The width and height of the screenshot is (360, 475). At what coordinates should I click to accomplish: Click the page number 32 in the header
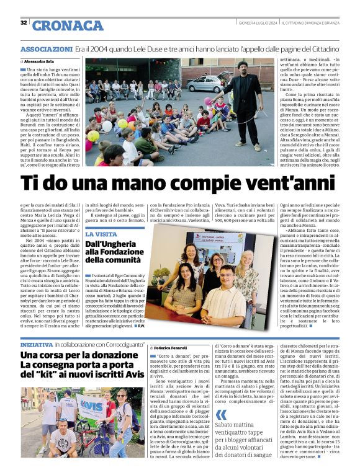pos(24,23)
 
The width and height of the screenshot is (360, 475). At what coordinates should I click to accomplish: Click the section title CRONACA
pos(68,25)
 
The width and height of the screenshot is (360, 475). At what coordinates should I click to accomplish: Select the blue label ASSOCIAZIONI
pos(47,49)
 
